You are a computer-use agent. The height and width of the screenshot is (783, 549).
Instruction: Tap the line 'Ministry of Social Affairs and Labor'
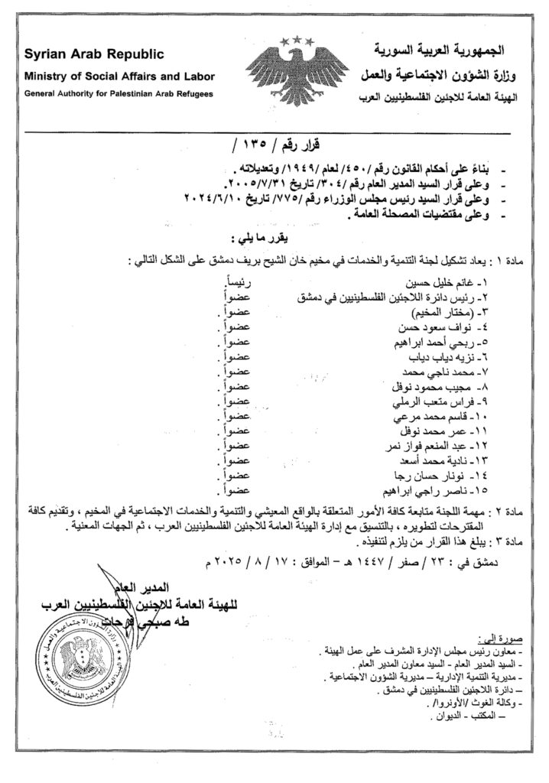click(x=119, y=76)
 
